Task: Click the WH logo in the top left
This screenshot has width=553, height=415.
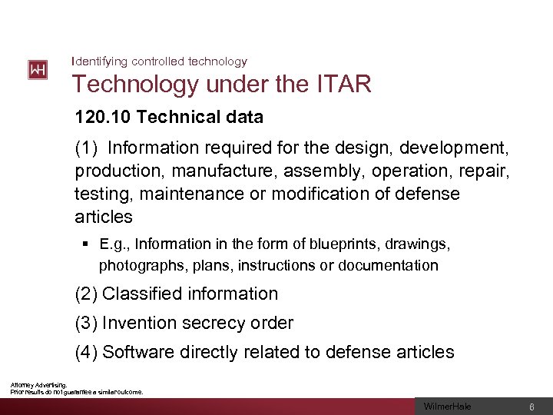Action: (x=38, y=70)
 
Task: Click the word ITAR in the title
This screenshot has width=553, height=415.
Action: (x=343, y=85)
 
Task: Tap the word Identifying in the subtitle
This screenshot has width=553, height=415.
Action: (x=99, y=61)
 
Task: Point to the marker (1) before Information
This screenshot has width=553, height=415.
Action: (x=87, y=146)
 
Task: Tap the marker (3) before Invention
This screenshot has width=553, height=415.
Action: (x=87, y=323)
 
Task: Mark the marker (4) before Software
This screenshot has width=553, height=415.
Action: (x=87, y=352)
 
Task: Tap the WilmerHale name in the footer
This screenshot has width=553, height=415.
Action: (x=448, y=407)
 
